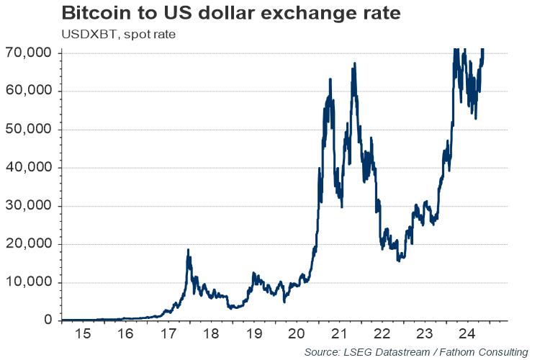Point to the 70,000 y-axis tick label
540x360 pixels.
[x=30, y=53]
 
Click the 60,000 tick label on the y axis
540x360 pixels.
[x=30, y=91]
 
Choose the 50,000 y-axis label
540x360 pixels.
[x=30, y=129]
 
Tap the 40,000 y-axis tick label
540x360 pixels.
[x=30, y=167]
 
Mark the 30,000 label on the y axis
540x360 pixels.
[x=30, y=205]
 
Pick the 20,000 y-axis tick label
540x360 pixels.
[x=30, y=243]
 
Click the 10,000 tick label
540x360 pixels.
[x=30, y=282]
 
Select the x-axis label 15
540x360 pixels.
[x=84, y=334]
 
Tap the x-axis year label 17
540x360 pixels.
[x=168, y=334]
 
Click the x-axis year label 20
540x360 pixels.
[x=296, y=334]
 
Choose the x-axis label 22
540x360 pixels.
[x=382, y=334]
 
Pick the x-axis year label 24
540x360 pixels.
[x=467, y=334]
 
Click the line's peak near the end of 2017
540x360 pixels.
[x=188, y=250]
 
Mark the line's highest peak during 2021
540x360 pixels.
[x=354, y=64]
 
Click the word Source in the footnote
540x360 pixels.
[x=323, y=351]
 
